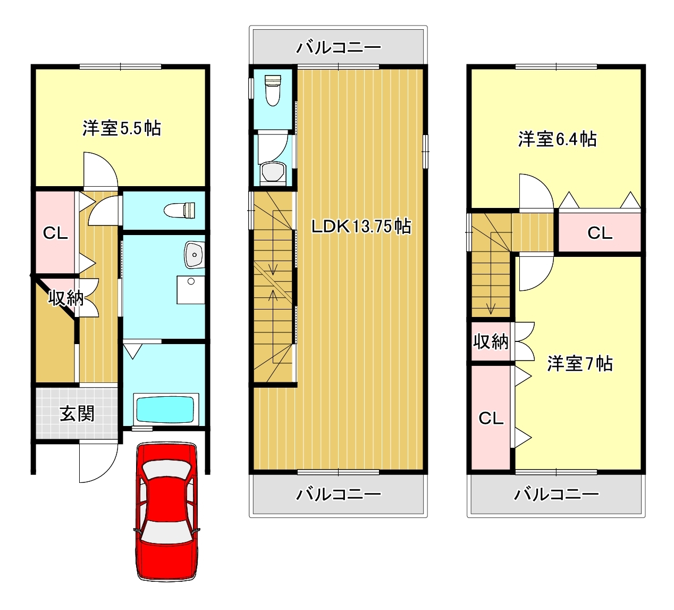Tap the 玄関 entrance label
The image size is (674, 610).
[77, 414]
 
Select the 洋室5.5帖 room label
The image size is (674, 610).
[122, 128]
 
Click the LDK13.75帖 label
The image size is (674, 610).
[361, 227]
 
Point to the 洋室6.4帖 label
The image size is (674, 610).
[557, 139]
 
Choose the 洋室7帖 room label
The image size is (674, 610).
[580, 364]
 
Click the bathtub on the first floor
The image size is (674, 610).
[166, 410]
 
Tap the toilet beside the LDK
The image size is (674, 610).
[273, 90]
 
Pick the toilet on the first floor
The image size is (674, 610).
[180, 211]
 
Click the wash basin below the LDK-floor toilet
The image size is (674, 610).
[273, 172]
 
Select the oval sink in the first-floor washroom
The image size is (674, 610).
[195, 255]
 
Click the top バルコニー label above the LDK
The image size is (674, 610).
[339, 47]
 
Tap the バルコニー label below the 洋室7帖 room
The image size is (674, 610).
[556, 494]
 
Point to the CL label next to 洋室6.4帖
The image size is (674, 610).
[600, 233]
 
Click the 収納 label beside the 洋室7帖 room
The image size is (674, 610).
[491, 341]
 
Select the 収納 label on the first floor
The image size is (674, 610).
[65, 298]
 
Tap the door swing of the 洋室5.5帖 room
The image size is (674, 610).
[101, 169]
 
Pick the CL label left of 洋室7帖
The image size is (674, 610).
[491, 419]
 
